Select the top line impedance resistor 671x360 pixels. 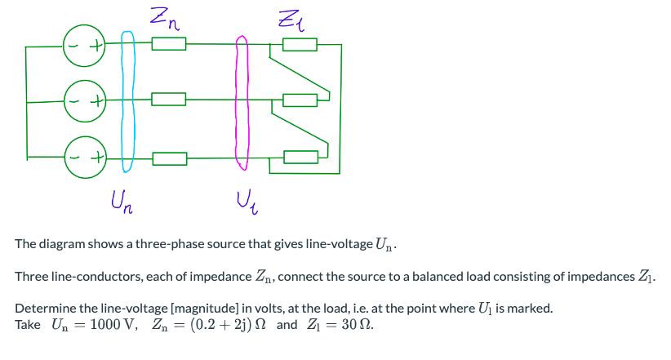[x=168, y=46]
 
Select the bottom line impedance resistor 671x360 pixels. [x=168, y=156]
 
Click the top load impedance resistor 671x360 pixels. [x=300, y=46]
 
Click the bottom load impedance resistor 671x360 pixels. [x=300, y=156]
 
